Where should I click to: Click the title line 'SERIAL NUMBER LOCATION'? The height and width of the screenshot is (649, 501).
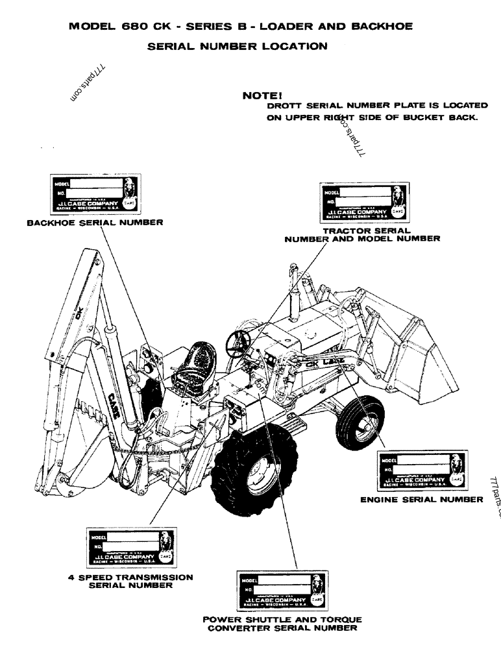[237, 46]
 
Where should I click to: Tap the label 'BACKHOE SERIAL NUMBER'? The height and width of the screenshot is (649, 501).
[95, 222]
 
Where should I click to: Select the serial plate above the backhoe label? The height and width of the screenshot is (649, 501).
[94, 195]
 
